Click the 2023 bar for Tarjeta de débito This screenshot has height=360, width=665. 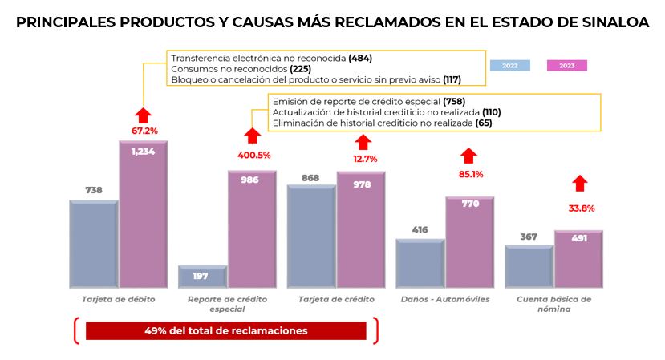click(x=144, y=215)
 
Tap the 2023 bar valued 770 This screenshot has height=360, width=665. click(x=470, y=242)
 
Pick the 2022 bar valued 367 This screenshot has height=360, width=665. click(x=529, y=266)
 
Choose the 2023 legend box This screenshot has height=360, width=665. click(x=566, y=65)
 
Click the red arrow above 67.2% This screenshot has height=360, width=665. click(x=143, y=115)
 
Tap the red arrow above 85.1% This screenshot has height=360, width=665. click(x=469, y=155)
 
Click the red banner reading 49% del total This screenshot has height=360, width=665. click(x=225, y=330)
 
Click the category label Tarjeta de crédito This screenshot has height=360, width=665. click(x=336, y=299)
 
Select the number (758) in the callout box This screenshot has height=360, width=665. click(x=454, y=102)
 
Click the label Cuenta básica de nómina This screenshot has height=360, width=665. click(x=554, y=304)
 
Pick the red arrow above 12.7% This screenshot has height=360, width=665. click(x=362, y=142)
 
